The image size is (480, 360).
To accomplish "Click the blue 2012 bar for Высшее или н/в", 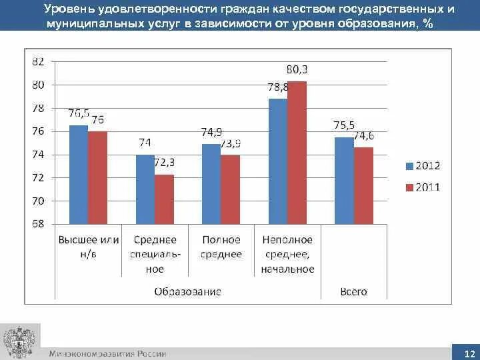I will coord(79,175).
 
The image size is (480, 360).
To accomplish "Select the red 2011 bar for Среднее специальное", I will coord(164,199).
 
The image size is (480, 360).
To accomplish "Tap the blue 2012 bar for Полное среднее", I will coord(211,184).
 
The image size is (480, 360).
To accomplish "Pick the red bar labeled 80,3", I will coord(297,153).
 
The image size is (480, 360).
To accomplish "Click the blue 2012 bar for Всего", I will coord(344,181).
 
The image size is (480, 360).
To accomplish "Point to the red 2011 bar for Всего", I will coord(363,186).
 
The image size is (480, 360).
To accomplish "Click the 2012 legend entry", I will coord(423,165).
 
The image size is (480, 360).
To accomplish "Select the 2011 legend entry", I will coord(423,187).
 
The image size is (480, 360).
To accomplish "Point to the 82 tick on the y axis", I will coord(38,61).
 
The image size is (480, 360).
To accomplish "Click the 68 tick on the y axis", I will coord(38,224).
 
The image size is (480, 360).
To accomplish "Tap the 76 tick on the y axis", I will coord(38,131).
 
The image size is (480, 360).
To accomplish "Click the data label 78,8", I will coord(277,87).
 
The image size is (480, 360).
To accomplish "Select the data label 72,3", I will coord(164,163).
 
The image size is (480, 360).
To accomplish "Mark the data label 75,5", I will coord(344,125).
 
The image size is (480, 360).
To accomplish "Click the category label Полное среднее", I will coord(221,247).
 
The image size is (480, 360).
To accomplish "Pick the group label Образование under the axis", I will coord(187,291).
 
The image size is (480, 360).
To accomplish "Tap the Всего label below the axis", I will coord(353,291).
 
